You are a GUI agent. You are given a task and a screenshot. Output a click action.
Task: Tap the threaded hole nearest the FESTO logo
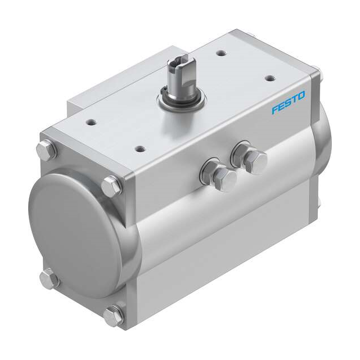(x=272, y=78)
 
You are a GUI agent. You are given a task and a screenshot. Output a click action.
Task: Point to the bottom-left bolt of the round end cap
(x=48, y=277)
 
